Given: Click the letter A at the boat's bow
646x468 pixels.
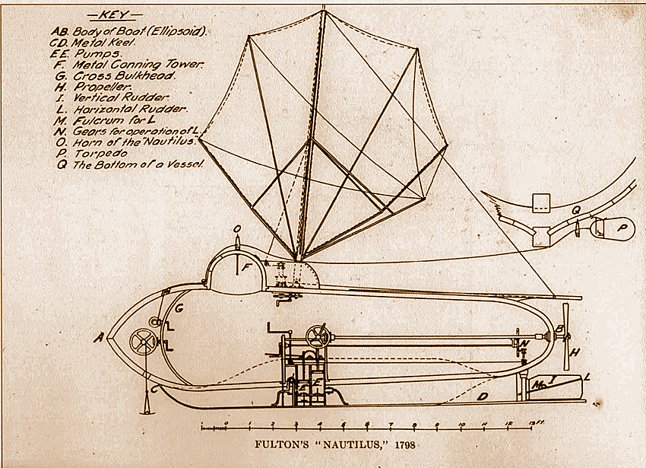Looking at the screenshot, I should click(98, 338).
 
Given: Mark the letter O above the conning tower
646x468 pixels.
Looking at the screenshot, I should click(237, 227).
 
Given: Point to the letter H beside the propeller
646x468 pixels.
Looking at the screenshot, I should click(575, 352).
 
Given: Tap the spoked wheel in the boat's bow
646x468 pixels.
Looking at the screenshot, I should click(142, 341).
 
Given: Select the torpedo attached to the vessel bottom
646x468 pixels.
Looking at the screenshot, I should click(608, 226).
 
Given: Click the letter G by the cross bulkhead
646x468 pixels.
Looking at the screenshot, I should click(179, 309).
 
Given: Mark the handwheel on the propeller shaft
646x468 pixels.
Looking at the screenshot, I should click(318, 336).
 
